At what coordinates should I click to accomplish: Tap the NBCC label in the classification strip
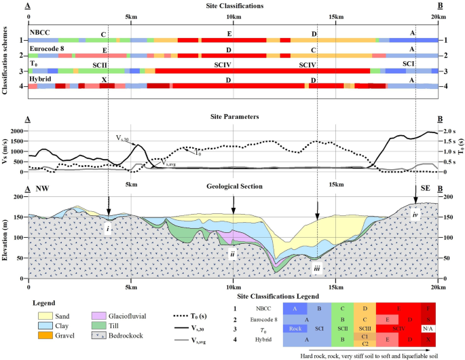click(39, 33)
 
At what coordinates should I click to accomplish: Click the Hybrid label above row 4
click(40, 78)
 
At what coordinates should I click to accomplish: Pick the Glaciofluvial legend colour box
click(99, 315)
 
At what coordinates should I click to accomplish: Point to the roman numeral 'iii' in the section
click(316, 269)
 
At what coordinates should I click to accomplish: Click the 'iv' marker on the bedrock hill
click(415, 214)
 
